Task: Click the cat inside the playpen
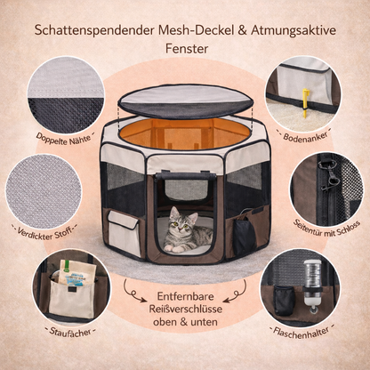pyautogui.click(x=187, y=231)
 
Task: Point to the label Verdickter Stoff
pyautogui.click(x=44, y=232)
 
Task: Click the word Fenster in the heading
pyautogui.click(x=187, y=49)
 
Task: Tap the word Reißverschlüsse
pyautogui.click(x=186, y=310)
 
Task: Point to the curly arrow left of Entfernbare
pyautogui.click(x=132, y=292)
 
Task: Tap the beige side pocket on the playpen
pyautogui.click(x=124, y=232)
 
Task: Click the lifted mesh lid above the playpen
pyautogui.click(x=186, y=101)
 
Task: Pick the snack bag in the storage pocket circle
pyautogui.click(x=77, y=274)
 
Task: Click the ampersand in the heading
pyautogui.click(x=242, y=31)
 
